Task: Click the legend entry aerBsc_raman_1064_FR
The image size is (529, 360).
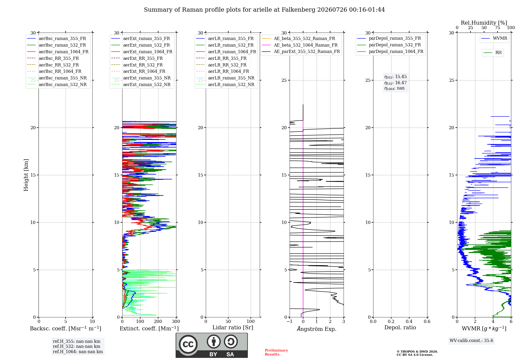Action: click(58, 52)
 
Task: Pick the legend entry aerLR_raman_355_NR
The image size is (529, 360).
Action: click(225, 78)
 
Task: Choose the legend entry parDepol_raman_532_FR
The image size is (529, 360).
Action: click(389, 45)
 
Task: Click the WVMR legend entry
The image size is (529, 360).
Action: click(494, 38)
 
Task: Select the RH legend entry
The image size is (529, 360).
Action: click(492, 53)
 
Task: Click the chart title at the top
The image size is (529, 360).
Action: click(264, 10)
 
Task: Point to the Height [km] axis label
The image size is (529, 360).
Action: click(26, 175)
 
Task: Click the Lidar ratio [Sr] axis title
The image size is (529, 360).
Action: click(233, 328)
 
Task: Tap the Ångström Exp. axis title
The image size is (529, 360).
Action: click(317, 329)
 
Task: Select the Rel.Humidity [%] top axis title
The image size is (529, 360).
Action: click(484, 23)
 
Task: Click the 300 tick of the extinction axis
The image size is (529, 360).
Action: click(176, 321)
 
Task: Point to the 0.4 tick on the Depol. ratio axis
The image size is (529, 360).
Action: click(409, 321)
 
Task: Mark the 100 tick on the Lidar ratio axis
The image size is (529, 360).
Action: click(251, 321)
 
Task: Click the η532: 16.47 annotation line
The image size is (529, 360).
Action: click(395, 83)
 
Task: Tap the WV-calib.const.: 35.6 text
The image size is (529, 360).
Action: click(471, 340)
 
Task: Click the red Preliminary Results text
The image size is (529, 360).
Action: click(276, 352)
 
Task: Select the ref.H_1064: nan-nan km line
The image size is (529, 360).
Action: click(78, 352)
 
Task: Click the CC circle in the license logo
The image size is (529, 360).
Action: click(188, 344)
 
